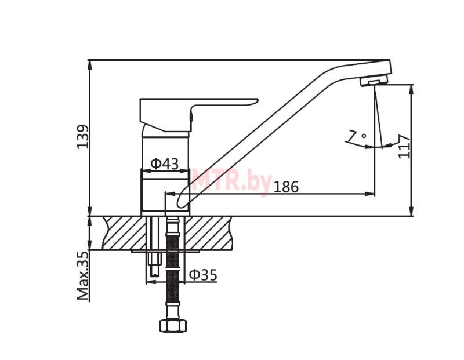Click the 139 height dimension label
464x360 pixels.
pos(82,137)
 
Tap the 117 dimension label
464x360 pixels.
pos(404,147)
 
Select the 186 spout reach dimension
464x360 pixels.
pos(286,187)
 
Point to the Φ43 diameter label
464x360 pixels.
pos(165,163)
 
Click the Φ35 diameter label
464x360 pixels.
pos(203,275)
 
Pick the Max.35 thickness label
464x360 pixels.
pos(83,276)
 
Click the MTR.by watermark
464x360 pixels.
pos(231,181)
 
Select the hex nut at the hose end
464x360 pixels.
pos(173,325)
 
